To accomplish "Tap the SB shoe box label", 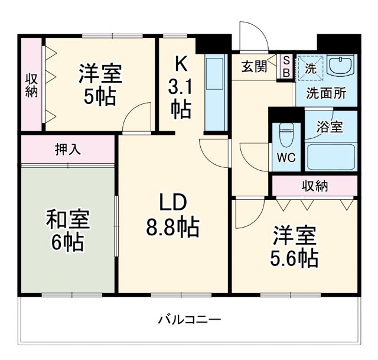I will [286, 66].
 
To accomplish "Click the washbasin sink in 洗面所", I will [341, 66].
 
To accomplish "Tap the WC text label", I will [286, 159].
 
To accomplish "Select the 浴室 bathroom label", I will [329, 125].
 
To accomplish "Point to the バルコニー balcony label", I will [189, 320].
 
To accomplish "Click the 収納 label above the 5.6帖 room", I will [315, 186].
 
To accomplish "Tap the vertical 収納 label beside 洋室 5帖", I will [31, 85].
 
